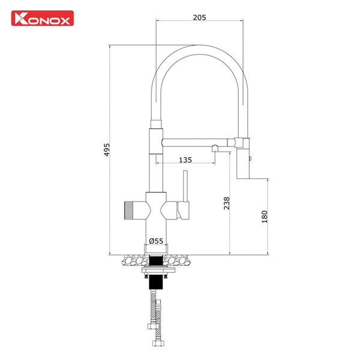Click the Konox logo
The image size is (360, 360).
click(42, 19)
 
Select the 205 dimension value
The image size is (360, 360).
click(200, 17)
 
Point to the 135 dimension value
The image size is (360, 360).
click(186, 160)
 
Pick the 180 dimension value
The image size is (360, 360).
click(265, 217)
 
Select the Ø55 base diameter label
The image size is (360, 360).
click(156, 241)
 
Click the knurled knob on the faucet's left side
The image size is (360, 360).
click(131, 211)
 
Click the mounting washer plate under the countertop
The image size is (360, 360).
click(156, 271)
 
